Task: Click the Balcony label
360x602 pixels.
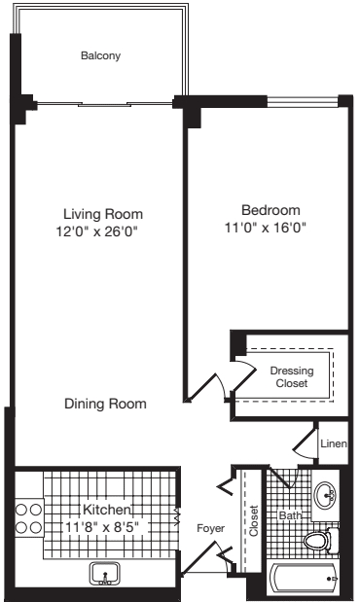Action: [100, 56]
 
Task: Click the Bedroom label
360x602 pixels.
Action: [270, 210]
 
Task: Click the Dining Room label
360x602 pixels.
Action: [106, 404]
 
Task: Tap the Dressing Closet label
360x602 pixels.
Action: [289, 376]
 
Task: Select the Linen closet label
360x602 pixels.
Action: [333, 444]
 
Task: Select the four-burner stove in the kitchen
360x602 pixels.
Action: [27, 517]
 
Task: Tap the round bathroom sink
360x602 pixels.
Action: [326, 494]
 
